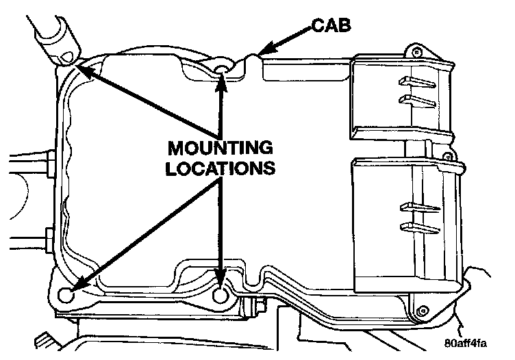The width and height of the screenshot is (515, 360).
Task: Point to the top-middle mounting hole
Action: (221, 70)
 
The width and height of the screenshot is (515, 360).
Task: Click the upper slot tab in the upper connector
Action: (414, 83)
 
